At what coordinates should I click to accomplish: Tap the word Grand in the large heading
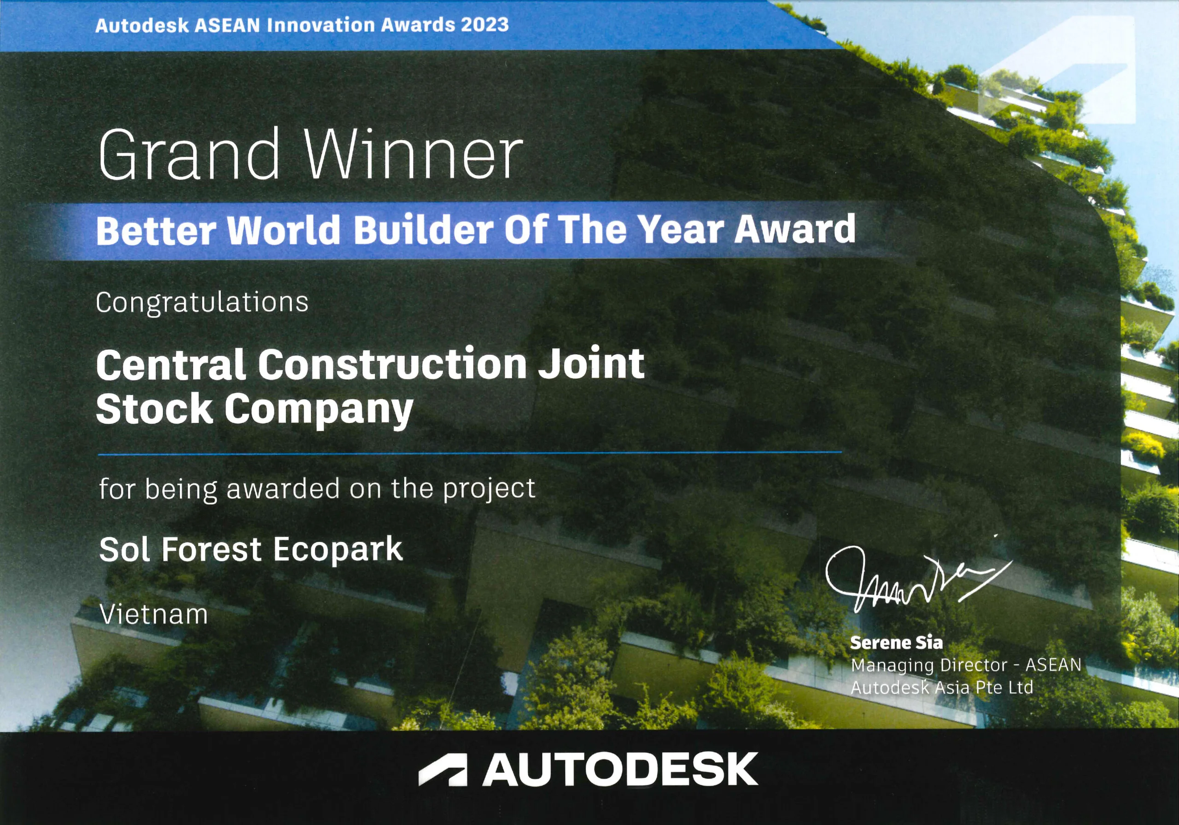pyautogui.click(x=188, y=154)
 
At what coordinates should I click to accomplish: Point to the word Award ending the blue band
pyautogui.click(x=795, y=229)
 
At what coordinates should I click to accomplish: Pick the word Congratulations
pyautogui.click(x=202, y=303)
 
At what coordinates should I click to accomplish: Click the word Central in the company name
pyautogui.click(x=170, y=364)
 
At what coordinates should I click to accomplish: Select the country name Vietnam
pyautogui.click(x=153, y=614)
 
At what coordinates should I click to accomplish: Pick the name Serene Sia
pyautogui.click(x=897, y=643)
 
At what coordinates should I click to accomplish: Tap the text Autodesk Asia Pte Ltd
pyautogui.click(x=942, y=687)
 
